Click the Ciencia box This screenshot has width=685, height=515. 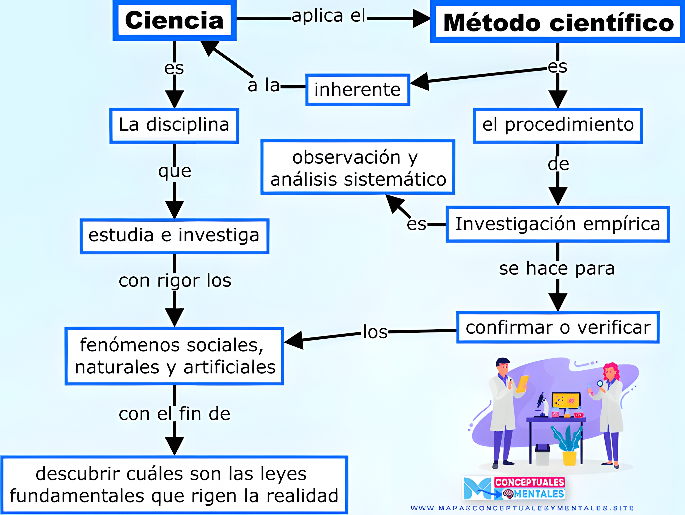pos(174,20)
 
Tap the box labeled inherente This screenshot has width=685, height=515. pos(358,90)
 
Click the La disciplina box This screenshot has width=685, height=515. pos(174,125)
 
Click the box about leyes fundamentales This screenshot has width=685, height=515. pos(174,485)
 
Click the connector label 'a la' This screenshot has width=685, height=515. pos(263,85)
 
